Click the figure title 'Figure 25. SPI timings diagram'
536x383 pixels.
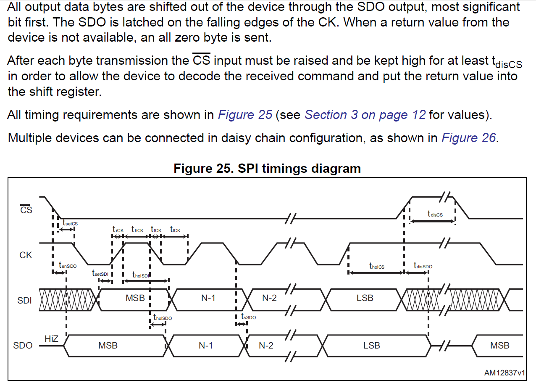[267, 169]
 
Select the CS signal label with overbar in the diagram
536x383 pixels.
[26, 209]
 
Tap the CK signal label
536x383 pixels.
[26, 255]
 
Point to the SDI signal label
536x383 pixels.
[24, 301]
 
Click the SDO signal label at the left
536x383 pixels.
[23, 346]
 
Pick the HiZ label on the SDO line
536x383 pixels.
[51, 338]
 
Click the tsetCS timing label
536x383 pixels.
[70, 223]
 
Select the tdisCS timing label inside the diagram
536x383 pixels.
[435, 214]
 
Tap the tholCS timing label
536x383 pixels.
[376, 266]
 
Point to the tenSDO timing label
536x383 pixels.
[68, 266]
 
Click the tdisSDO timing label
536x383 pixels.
[423, 266]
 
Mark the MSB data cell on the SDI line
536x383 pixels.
[135, 298]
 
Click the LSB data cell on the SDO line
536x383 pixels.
[371, 346]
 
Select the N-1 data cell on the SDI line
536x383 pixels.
[208, 298]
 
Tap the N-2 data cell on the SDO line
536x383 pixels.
[265, 346]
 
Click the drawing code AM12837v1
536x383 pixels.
[504, 372]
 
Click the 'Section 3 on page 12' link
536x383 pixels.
[365, 115]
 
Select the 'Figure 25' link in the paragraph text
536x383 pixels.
[245, 115]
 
